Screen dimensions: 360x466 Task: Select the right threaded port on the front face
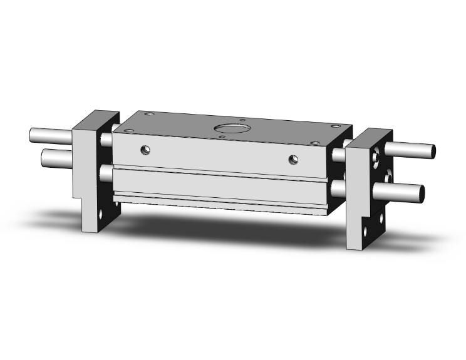[293, 160]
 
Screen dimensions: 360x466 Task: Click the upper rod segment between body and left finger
[107, 138]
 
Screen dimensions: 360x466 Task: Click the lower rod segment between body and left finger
[106, 172]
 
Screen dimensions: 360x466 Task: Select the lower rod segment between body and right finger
[338, 188]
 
